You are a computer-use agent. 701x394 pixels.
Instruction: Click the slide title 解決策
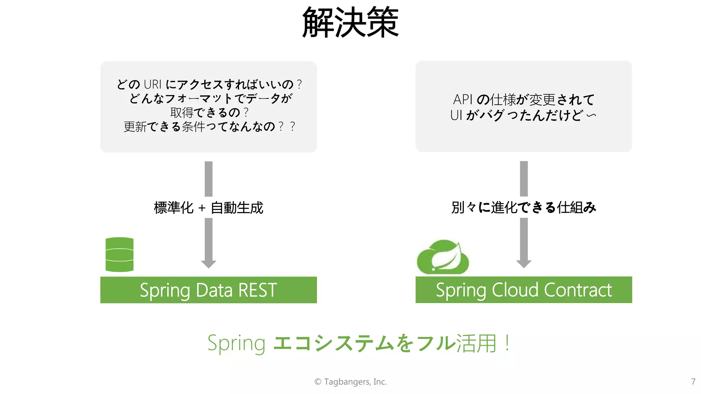point(350,23)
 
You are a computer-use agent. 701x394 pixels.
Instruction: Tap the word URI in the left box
point(152,84)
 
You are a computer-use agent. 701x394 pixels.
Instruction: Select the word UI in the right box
point(456,115)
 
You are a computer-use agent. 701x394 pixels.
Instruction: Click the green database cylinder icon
point(119,255)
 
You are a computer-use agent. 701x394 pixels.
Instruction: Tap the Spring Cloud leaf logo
point(443,257)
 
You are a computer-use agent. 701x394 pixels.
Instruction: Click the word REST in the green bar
point(257,290)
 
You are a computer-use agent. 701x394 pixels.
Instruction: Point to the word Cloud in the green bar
point(515,290)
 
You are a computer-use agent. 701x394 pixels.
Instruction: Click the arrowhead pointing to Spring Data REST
point(208,264)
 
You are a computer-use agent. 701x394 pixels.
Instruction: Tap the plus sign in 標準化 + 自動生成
point(202,208)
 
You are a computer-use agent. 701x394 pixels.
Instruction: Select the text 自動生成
point(237,208)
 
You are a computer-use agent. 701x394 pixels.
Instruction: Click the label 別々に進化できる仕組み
point(524,208)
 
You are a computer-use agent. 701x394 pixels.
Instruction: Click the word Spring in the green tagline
point(236,343)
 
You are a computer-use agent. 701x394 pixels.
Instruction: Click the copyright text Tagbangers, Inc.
point(355,382)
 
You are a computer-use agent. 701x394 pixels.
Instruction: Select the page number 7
point(693,381)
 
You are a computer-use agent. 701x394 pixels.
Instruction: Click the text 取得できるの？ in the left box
point(209,113)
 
